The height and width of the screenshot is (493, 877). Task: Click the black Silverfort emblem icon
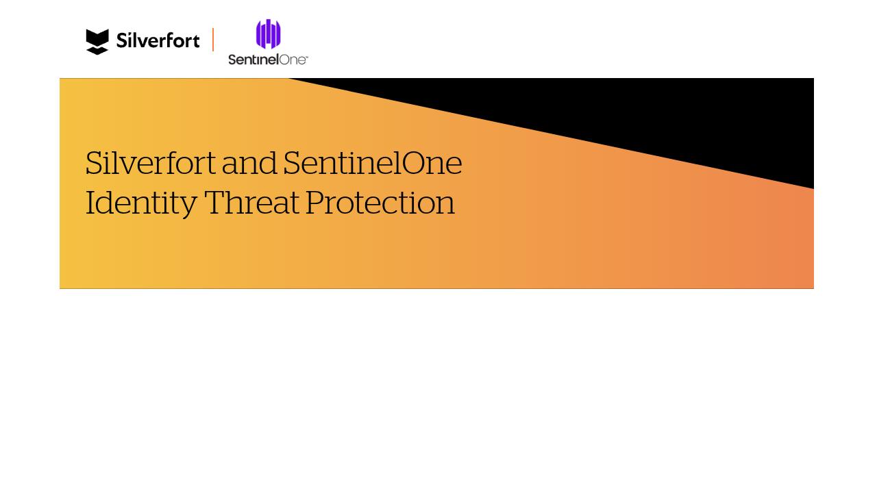pyautogui.click(x=97, y=41)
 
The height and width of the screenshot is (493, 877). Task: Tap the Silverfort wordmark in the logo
pyautogui.click(x=158, y=41)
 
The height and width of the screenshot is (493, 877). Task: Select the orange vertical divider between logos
pyautogui.click(x=213, y=40)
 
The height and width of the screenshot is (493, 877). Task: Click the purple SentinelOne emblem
pyautogui.click(x=268, y=34)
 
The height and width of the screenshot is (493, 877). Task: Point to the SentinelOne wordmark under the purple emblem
pyautogui.click(x=267, y=60)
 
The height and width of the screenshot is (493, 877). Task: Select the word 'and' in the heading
pyautogui.click(x=249, y=164)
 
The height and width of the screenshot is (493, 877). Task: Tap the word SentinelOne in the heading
pyautogui.click(x=372, y=164)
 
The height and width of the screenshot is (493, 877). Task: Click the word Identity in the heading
pyautogui.click(x=140, y=203)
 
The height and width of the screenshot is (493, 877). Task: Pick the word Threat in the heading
pyautogui.click(x=251, y=203)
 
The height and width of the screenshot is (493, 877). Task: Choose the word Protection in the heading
pyautogui.click(x=380, y=203)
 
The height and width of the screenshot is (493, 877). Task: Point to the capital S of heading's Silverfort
pyautogui.click(x=94, y=164)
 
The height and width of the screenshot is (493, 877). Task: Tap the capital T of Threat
pyautogui.click(x=214, y=203)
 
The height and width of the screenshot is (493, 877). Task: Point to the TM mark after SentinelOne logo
pyautogui.click(x=306, y=57)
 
